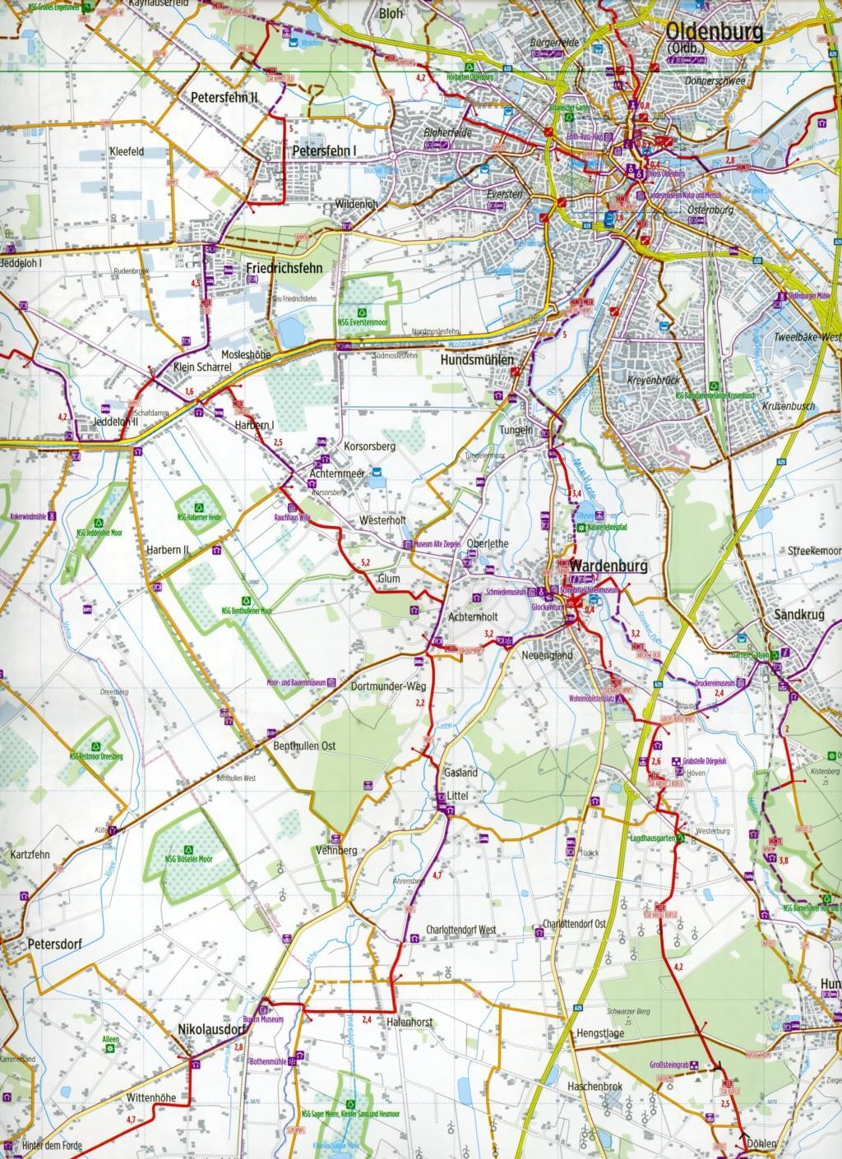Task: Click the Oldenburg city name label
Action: click(715, 32)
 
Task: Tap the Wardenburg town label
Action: click(609, 566)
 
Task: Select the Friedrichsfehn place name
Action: click(282, 268)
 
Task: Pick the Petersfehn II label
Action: click(224, 96)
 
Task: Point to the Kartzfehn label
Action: click(30, 854)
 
